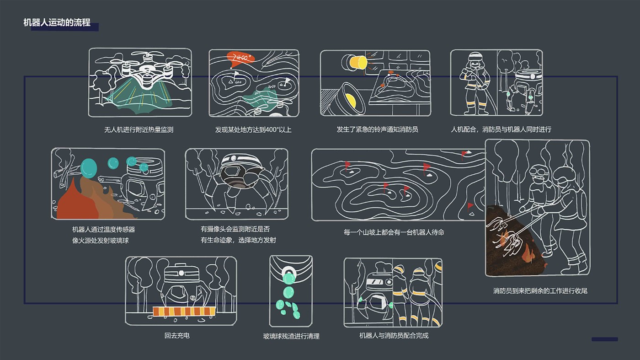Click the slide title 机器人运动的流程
pos(57,22)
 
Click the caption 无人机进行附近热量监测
pos(139,130)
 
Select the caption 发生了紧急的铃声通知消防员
pos(377,129)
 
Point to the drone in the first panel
pos(146,71)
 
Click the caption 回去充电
pos(177,336)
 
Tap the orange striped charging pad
pos(184,312)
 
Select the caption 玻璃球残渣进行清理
pos(291,336)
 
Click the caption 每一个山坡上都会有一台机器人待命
pos(394,232)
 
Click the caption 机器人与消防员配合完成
pos(394,336)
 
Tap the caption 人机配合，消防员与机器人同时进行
pos(501,129)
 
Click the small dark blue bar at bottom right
pos(604,339)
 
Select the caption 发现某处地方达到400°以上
pos(253,130)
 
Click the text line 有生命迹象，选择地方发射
pos(238,240)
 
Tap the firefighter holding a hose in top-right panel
pos(473,82)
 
